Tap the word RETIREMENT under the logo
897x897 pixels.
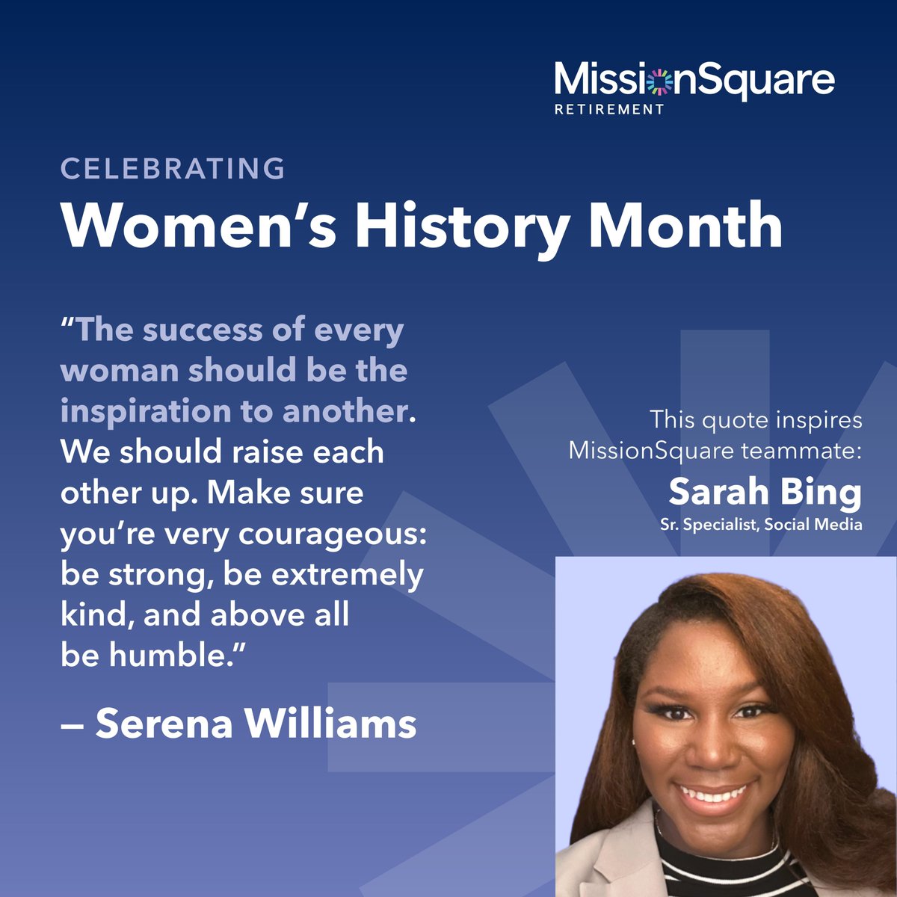coord(609,109)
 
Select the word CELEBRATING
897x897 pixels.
coord(173,168)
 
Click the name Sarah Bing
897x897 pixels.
coord(765,492)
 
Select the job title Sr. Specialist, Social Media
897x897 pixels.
coord(761,525)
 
